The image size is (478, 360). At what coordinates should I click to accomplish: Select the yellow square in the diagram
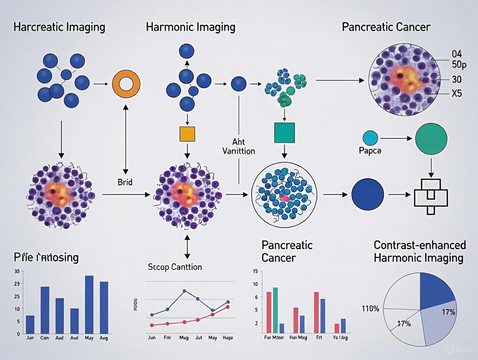click(x=187, y=134)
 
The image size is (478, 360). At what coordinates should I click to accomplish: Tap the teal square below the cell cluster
click(x=284, y=133)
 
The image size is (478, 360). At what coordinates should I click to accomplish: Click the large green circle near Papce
click(x=431, y=139)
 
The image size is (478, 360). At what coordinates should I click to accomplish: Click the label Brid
click(x=125, y=182)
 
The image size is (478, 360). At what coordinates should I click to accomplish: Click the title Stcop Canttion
click(x=175, y=267)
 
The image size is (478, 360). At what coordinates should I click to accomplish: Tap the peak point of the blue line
click(x=184, y=291)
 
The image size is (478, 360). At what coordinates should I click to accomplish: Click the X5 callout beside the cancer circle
click(x=456, y=93)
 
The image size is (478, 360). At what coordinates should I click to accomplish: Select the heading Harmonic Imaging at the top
click(x=191, y=27)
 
